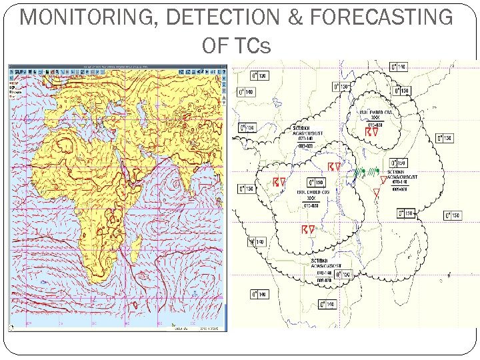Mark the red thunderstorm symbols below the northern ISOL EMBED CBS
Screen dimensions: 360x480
(x=372, y=132)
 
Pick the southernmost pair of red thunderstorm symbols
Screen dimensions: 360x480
(x=307, y=230)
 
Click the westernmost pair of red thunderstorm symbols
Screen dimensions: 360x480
(x=280, y=181)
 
